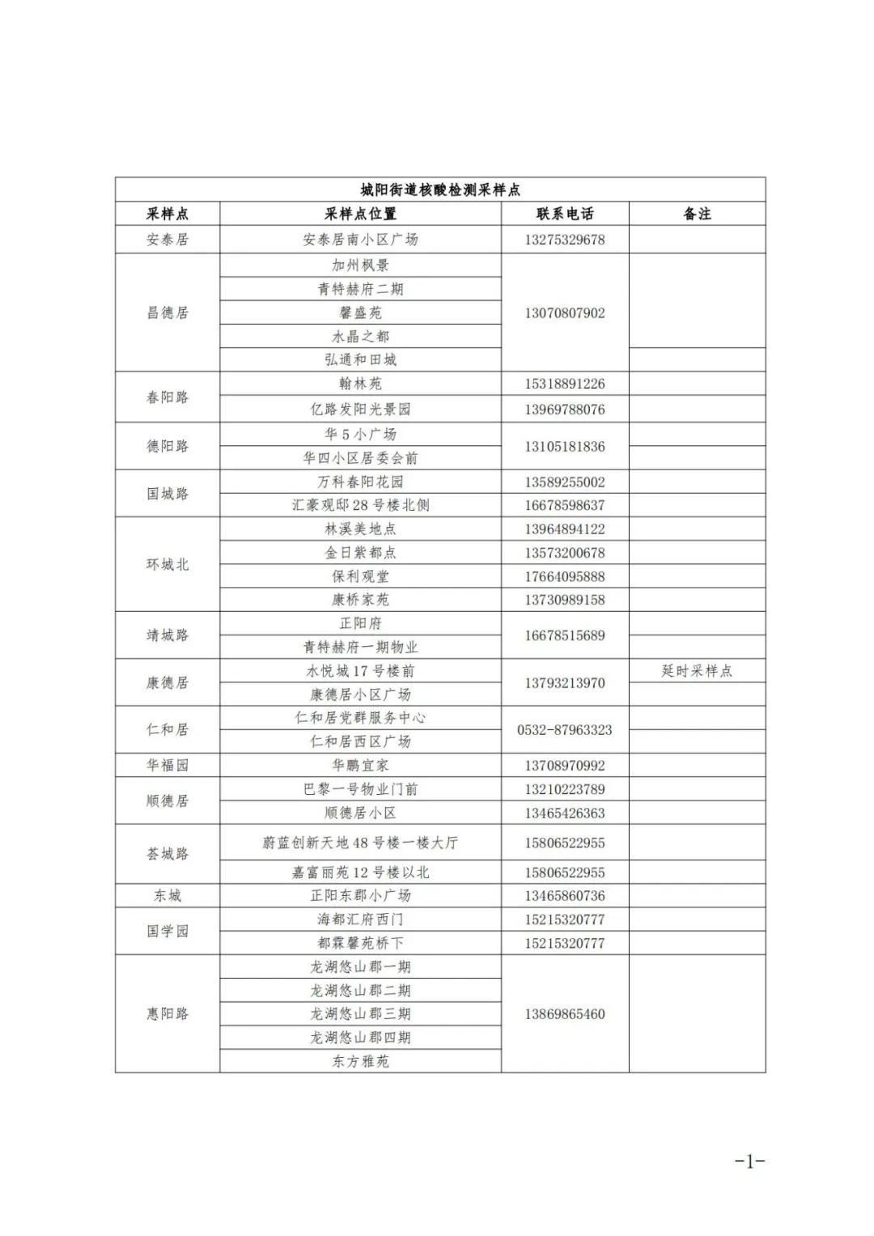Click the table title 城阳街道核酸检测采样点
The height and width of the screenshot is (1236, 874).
pyautogui.click(x=440, y=189)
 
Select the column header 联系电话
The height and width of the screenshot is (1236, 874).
pyautogui.click(x=565, y=214)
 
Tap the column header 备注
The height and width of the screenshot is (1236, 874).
pyautogui.click(x=697, y=214)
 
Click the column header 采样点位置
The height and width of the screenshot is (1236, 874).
pyautogui.click(x=360, y=214)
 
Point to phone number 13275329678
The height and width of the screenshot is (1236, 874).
pyautogui.click(x=565, y=240)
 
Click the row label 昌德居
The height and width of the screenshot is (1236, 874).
pyautogui.click(x=168, y=312)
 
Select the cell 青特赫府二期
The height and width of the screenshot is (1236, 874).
pyautogui.click(x=360, y=289)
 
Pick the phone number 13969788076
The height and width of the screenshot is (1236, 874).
pyautogui.click(x=565, y=410)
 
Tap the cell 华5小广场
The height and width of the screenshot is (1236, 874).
pyautogui.click(x=360, y=434)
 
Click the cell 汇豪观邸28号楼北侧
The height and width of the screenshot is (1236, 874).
pyautogui.click(x=360, y=505)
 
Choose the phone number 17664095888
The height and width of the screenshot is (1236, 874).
pyautogui.click(x=565, y=576)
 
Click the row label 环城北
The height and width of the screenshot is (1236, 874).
pyautogui.click(x=168, y=564)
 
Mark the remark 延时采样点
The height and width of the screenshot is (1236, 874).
pyautogui.click(x=697, y=670)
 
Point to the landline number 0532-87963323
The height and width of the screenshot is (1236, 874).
pyautogui.click(x=565, y=729)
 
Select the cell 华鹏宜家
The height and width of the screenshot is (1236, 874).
pyautogui.click(x=360, y=765)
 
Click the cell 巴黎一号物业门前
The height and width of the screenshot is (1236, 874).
pyautogui.click(x=360, y=789)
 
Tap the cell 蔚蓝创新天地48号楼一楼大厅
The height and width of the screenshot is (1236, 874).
pyautogui.click(x=360, y=843)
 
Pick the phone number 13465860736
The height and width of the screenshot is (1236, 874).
pyautogui.click(x=565, y=896)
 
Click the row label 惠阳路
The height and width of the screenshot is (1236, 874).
pyautogui.click(x=168, y=1013)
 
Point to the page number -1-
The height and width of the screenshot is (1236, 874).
pyautogui.click(x=749, y=1162)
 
